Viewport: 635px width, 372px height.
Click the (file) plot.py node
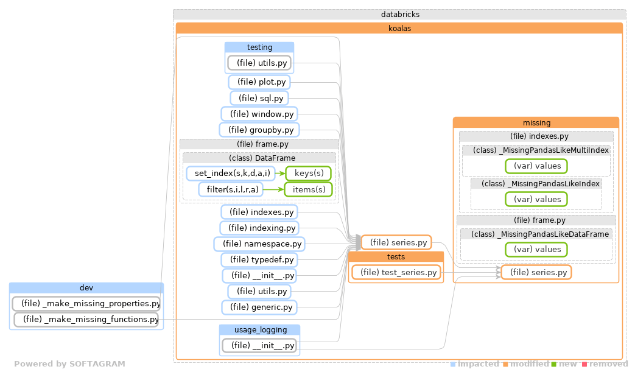point(260,82)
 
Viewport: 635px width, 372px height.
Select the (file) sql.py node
point(259,98)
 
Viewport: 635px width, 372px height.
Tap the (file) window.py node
point(259,114)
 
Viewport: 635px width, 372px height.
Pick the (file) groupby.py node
point(259,130)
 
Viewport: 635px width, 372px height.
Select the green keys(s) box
point(309,174)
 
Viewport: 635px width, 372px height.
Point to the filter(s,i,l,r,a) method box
point(232,189)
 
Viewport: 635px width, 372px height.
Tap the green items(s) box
point(309,189)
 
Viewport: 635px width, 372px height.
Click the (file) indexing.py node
point(259,228)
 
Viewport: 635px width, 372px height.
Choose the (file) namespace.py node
point(259,244)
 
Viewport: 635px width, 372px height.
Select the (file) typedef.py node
point(259,260)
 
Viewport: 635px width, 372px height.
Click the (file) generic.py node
point(259,307)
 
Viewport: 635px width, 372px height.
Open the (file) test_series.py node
point(396,273)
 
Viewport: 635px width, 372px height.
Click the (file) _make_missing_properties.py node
point(86,303)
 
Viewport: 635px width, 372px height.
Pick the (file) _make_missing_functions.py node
point(86,319)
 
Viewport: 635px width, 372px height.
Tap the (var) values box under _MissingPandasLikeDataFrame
point(536,249)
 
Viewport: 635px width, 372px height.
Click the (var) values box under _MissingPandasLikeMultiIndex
point(536,166)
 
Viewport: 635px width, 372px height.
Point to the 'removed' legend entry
point(608,364)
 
